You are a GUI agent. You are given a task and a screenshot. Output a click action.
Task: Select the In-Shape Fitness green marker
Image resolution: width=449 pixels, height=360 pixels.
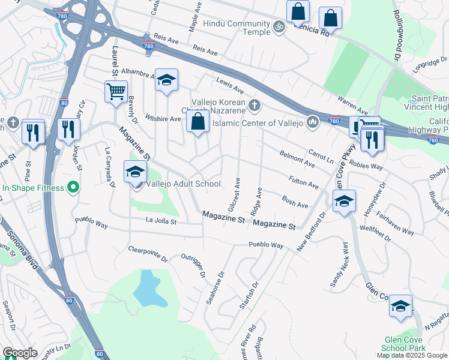click(73, 188)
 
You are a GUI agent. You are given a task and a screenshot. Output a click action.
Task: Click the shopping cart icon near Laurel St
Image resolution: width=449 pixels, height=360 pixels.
click(115, 92)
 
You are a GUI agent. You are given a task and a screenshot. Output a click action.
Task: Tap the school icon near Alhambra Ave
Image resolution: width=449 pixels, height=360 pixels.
click(166, 80)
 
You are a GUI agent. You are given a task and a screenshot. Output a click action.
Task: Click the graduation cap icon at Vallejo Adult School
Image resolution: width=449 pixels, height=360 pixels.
click(135, 172)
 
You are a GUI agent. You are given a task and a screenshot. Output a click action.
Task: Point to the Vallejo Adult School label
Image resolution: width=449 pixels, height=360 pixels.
click(183, 184)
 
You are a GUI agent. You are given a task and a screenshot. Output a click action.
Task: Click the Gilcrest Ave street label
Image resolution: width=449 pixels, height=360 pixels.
click(233, 194)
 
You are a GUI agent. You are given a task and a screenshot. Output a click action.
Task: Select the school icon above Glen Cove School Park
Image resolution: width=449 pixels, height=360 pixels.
click(400, 305)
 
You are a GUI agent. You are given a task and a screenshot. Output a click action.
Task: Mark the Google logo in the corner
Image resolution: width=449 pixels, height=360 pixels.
click(20, 353)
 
